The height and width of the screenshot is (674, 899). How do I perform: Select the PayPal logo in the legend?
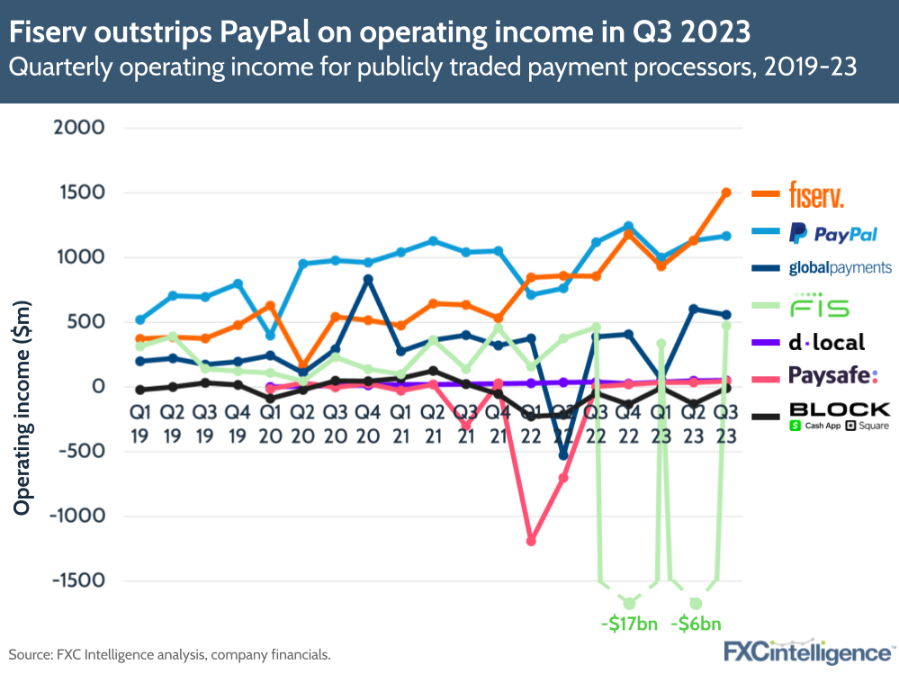pyautogui.click(x=832, y=234)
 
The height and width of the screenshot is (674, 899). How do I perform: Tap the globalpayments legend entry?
pyautogui.click(x=840, y=267)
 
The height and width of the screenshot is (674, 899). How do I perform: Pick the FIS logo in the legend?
pyautogui.click(x=819, y=305)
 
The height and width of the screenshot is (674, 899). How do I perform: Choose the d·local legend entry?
pyautogui.click(x=826, y=342)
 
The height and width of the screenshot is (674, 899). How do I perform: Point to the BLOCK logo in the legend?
pyautogui.click(x=839, y=416)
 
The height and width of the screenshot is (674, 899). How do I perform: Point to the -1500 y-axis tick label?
pyautogui.click(x=79, y=580)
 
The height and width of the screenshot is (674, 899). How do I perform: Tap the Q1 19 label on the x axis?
pyautogui.click(x=139, y=422)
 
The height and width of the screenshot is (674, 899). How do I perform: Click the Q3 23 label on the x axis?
pyautogui.click(x=726, y=422)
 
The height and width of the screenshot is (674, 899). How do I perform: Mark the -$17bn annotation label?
pyautogui.click(x=629, y=623)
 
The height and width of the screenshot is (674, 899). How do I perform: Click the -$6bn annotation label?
pyautogui.click(x=695, y=623)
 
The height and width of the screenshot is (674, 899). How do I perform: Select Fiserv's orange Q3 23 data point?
pyautogui.click(x=726, y=193)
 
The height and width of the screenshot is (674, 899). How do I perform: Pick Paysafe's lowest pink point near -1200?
pyautogui.click(x=531, y=541)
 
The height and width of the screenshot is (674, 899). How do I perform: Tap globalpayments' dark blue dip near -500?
pyautogui.click(x=564, y=454)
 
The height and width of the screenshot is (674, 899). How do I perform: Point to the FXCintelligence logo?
pyautogui.click(x=807, y=652)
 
